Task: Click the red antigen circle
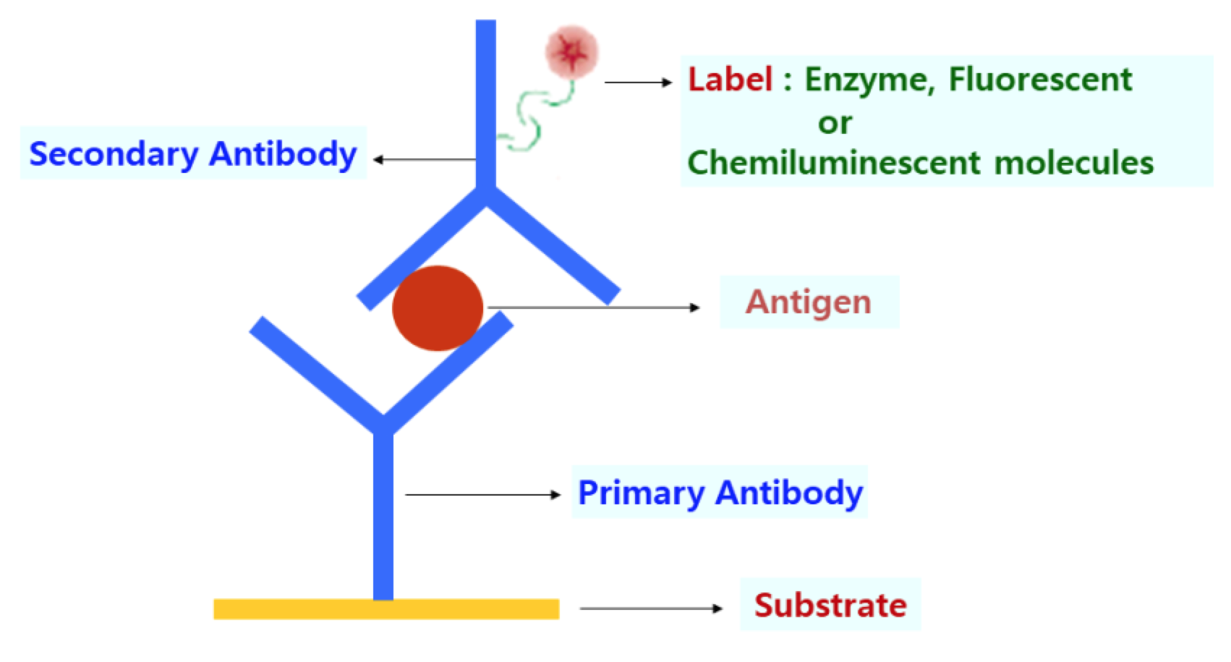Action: (438, 307)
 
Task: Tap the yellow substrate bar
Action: (386, 609)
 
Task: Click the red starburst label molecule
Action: (572, 52)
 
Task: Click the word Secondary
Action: (113, 154)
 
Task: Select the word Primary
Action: (642, 493)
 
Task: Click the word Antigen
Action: (808, 302)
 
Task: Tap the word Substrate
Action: (830, 605)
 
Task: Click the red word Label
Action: (730, 80)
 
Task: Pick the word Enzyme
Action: (866, 80)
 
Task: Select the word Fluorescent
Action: (1040, 80)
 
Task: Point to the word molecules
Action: (1074, 163)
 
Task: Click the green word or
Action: (835, 123)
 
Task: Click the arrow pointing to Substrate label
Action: (651, 608)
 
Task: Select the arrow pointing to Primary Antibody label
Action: (482, 495)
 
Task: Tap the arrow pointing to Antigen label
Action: (593, 307)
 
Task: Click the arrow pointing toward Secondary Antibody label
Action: (424, 159)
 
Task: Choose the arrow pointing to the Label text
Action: (638, 82)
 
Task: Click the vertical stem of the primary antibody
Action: (383, 514)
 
